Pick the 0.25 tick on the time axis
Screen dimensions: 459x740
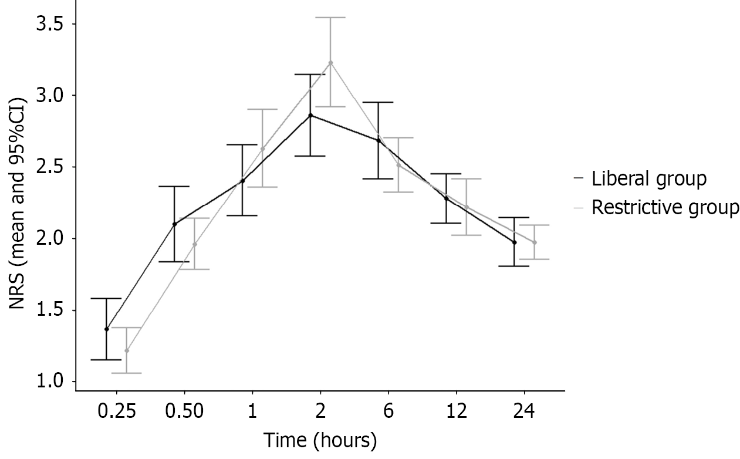pos(116,411)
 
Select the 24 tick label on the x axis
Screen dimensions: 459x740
pos(524,411)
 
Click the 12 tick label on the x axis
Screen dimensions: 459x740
pos(456,411)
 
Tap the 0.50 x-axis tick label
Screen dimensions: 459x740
pos(184,411)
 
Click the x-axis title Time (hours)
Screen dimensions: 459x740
pos(320,440)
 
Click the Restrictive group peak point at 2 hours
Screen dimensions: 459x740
pos(330,63)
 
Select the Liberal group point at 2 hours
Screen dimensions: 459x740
pos(310,116)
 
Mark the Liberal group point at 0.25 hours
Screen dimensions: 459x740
pos(106,329)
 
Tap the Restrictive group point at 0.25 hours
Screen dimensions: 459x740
pos(126,351)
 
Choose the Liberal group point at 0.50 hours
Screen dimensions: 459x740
pos(174,224)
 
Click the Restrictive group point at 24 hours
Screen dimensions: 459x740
pos(534,242)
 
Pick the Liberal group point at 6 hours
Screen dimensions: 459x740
pos(379,140)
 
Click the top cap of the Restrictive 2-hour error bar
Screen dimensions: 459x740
pos(330,18)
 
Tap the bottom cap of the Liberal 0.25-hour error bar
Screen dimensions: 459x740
pos(106,360)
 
